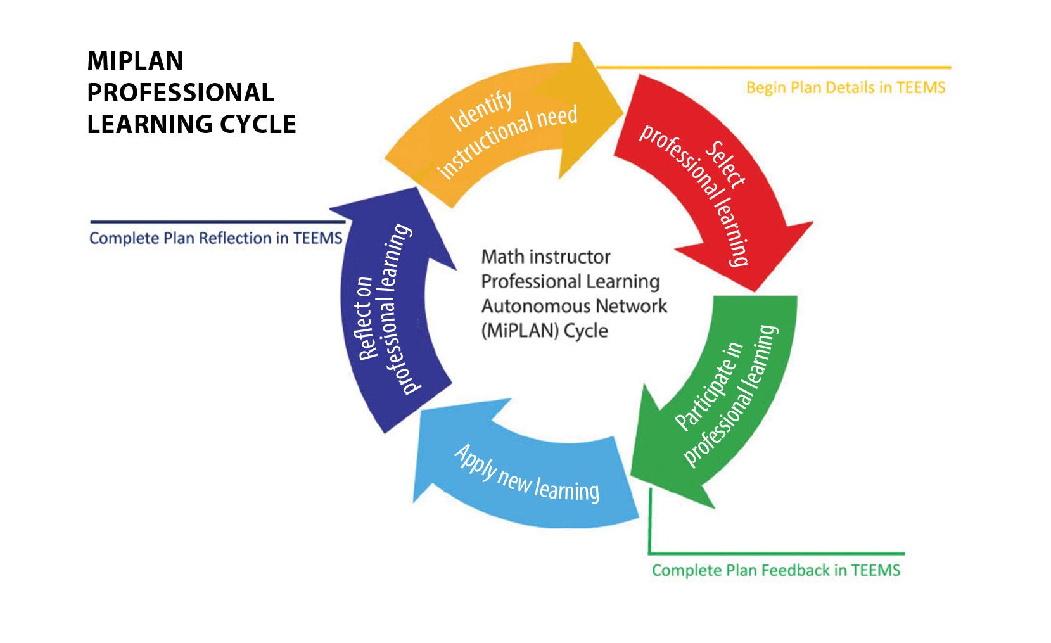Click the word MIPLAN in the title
[x=135, y=61]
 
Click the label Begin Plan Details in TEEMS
[x=845, y=87]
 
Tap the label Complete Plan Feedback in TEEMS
[x=775, y=570]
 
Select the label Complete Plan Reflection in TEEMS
[x=216, y=238]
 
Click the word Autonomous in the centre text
[x=529, y=306]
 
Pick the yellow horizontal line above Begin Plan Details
[x=773, y=67]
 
